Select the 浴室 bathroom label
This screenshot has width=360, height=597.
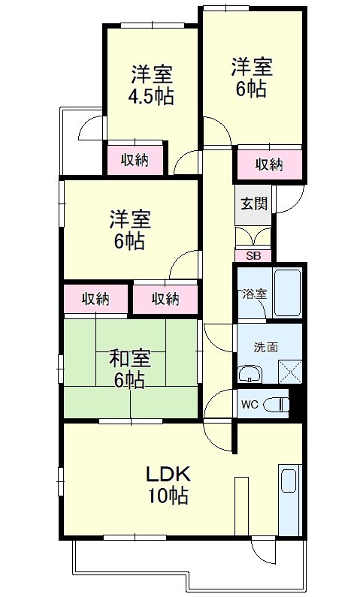pos(253,294)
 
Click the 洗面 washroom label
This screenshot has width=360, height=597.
pos(265,347)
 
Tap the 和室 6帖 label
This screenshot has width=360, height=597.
pos(129,368)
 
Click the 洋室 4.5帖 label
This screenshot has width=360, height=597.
pos(153,86)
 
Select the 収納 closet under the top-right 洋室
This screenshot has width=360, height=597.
pos(268,164)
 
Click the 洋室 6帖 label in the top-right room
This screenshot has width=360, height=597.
pos(250,76)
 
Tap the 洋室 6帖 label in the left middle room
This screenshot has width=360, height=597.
pos(130,230)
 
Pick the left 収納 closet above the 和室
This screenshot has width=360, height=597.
pos(95,298)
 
